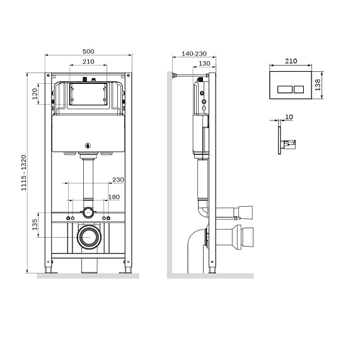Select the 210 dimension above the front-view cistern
[x=88, y=62]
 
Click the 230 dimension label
[x=117, y=180]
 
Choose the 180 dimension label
[x=113, y=197]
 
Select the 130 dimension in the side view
[x=204, y=63]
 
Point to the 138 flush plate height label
[x=319, y=86]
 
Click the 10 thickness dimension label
[x=289, y=117]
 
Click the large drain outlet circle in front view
[x=88, y=238]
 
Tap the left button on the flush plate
[x=283, y=86]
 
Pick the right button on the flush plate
[x=298, y=86]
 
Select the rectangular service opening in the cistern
[x=88, y=95]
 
